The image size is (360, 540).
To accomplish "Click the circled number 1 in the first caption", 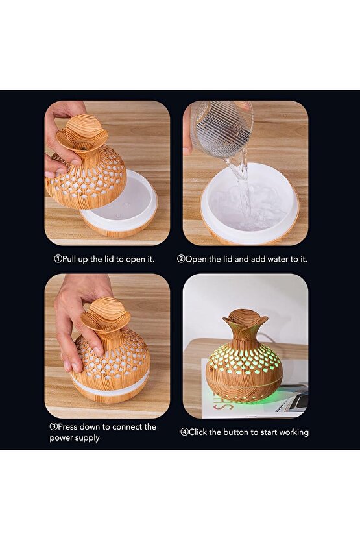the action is click(58, 259).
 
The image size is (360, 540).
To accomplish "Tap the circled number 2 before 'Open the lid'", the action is click(181, 259).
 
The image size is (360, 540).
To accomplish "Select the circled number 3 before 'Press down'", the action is click(53, 427).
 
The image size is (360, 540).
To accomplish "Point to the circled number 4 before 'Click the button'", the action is click(184, 432).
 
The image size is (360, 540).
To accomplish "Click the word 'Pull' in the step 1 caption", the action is click(69, 260).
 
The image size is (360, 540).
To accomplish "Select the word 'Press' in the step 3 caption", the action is click(67, 427).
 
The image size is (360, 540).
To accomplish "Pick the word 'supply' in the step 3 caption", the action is click(88, 438).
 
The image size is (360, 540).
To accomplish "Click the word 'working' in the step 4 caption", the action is click(293, 432).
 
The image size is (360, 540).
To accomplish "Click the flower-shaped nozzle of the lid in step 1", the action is click(82, 132).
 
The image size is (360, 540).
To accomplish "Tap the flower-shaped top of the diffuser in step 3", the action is click(106, 315).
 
